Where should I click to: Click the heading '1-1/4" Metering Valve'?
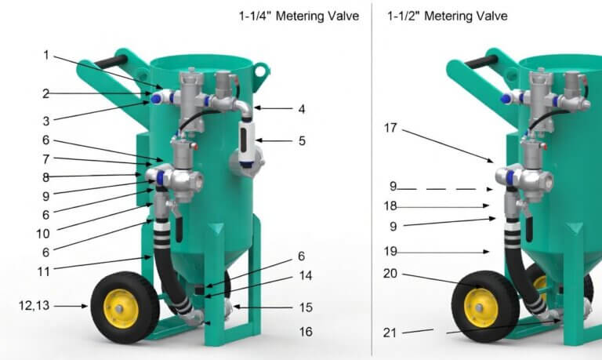tap(299, 16)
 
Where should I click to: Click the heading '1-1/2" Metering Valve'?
tap(448, 16)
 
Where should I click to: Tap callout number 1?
tap(46, 56)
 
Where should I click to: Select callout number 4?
tap(302, 109)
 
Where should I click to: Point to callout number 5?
tap(302, 141)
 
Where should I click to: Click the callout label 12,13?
tap(34, 305)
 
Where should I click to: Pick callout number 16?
tap(306, 332)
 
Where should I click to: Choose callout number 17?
tap(390, 128)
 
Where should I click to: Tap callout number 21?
tap(390, 333)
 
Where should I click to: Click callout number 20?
tap(390, 274)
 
